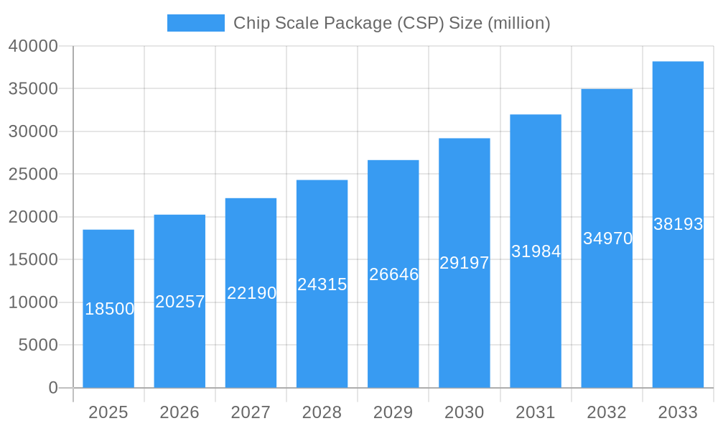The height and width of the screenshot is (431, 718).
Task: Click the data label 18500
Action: coord(109,309)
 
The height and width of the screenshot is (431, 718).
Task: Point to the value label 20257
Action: coord(180,302)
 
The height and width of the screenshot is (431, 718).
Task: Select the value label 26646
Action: coord(393,274)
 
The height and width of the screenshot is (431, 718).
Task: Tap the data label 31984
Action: coord(536,251)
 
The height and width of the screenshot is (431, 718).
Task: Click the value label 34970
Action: coord(607,238)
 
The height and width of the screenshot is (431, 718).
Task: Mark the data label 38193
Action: coord(678,224)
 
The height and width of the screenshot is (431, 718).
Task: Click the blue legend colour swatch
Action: coord(195,23)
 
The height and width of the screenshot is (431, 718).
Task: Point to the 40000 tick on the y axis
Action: coord(33,46)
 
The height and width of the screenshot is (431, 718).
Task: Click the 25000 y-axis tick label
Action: coord(33,174)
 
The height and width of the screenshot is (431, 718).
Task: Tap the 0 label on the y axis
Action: coord(53,388)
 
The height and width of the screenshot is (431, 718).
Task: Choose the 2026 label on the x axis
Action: coord(179,412)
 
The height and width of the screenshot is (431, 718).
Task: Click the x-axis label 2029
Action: coord(393,412)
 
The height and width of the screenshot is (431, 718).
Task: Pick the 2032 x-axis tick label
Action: coord(607,412)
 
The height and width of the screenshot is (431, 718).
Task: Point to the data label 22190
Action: coord(251,293)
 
